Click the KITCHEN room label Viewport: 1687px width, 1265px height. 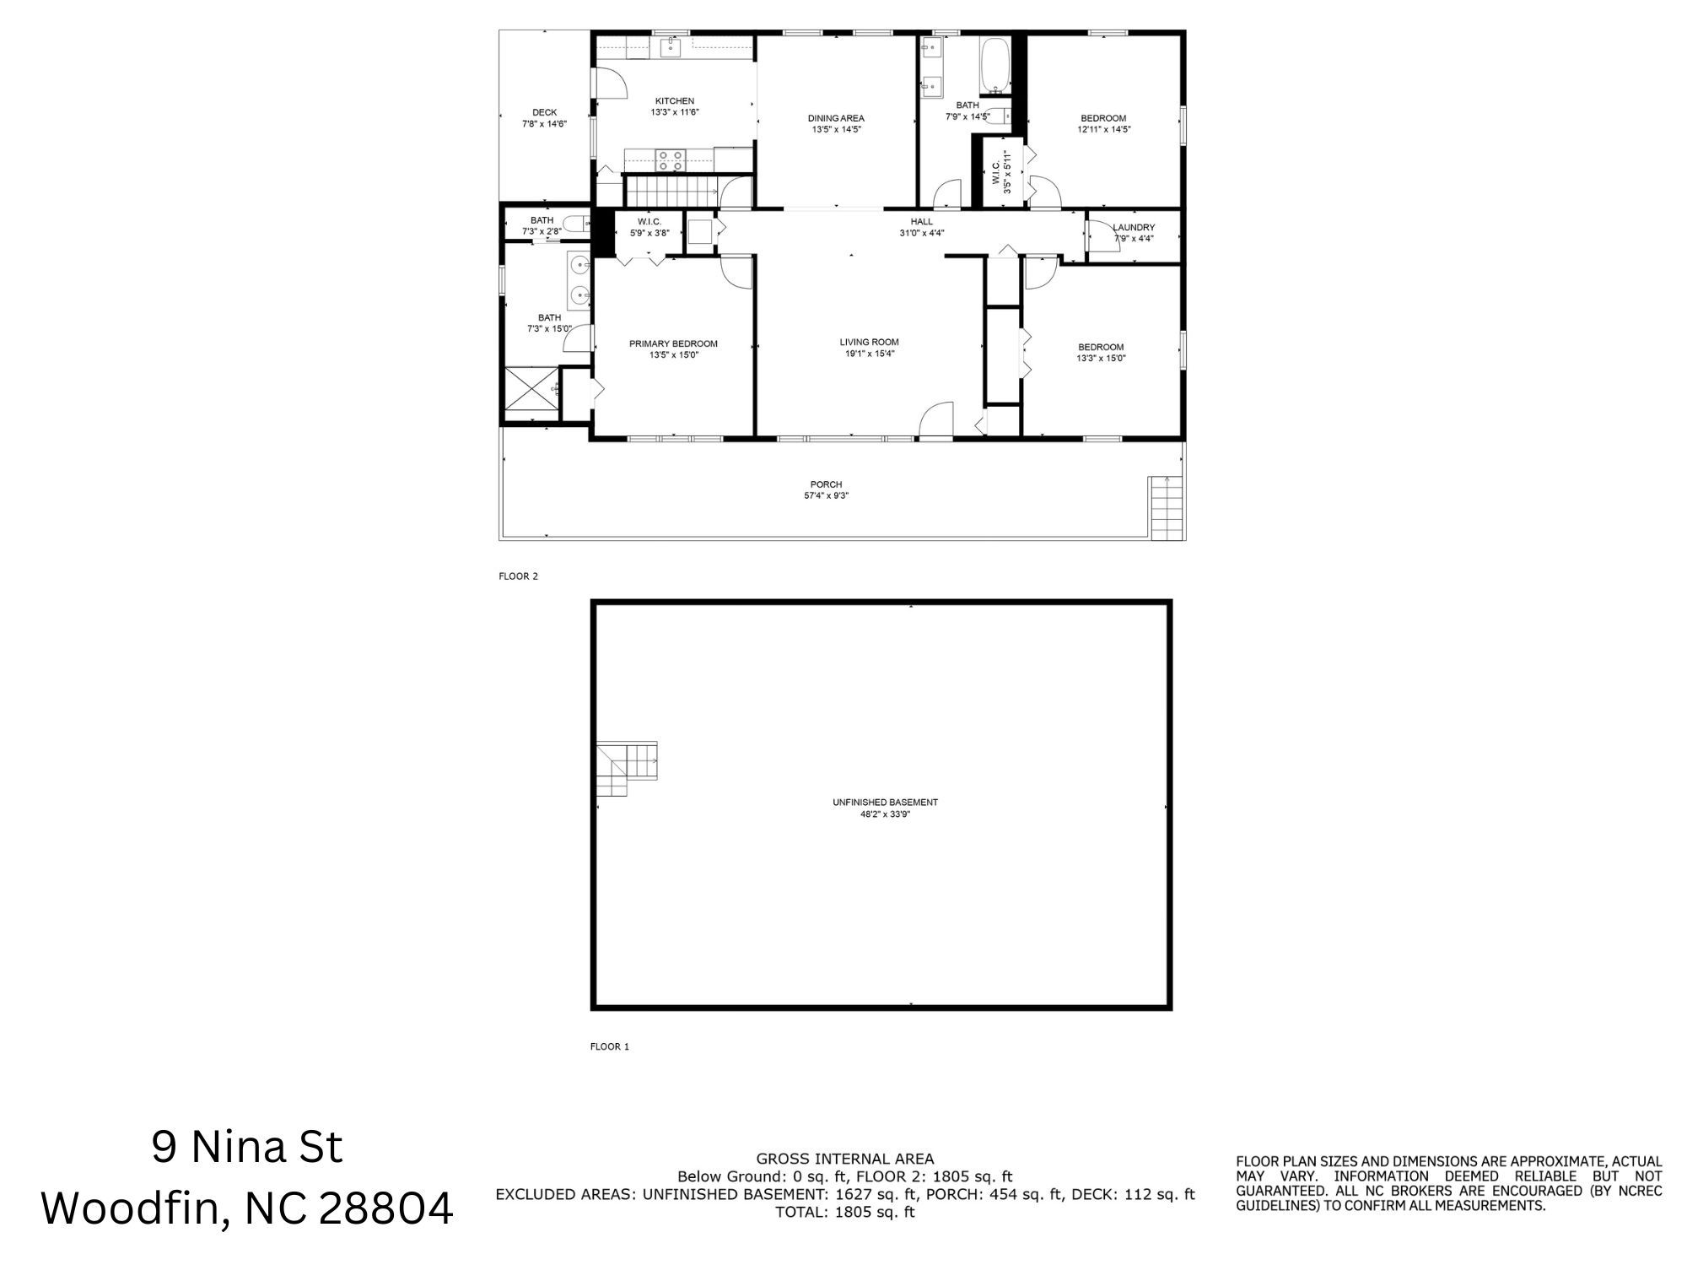[x=674, y=101]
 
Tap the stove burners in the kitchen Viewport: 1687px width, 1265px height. [x=671, y=160]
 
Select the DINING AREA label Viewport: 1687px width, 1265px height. [x=836, y=118]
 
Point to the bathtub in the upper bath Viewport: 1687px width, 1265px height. [x=995, y=66]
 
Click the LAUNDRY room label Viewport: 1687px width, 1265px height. [x=1133, y=228]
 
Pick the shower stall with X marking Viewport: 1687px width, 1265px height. [x=531, y=393]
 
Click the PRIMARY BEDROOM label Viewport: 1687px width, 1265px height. [x=673, y=343]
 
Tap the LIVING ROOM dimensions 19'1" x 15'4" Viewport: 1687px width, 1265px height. [x=869, y=354]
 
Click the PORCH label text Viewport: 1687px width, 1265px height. [x=826, y=484]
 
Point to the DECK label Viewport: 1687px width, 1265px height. [x=544, y=112]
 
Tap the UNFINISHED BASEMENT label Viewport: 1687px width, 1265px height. [x=885, y=803]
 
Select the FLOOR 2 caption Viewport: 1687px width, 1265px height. [x=518, y=576]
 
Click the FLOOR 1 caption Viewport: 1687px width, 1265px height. [x=609, y=1046]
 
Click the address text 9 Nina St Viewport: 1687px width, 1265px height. [x=247, y=1148]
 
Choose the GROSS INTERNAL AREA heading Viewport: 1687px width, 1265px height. [x=844, y=1159]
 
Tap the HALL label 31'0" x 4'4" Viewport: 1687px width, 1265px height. [x=921, y=233]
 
